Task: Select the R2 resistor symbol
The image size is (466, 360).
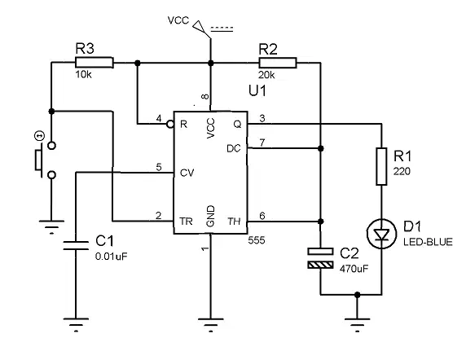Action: [278, 63]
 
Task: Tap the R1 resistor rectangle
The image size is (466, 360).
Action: [381, 166]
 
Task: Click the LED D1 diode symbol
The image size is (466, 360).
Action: [381, 234]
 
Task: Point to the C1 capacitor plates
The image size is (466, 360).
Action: [76, 246]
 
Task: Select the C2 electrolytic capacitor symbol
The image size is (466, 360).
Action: [320, 258]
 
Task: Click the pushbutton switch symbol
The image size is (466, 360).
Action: [45, 160]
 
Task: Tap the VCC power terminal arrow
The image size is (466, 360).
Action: [200, 26]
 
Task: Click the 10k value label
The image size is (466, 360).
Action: [84, 74]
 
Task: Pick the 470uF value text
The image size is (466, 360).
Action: [354, 269]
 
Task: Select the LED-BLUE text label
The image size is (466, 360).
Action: [428, 242]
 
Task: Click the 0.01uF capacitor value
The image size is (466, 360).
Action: [111, 257]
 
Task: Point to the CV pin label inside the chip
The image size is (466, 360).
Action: [187, 173]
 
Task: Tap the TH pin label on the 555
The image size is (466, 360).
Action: [234, 222]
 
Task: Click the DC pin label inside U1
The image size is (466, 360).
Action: [234, 148]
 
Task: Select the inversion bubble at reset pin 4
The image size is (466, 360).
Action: [170, 124]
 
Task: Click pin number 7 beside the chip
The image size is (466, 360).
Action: [262, 143]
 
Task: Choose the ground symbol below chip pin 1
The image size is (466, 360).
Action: [210, 324]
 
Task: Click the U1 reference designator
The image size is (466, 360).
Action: [257, 90]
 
